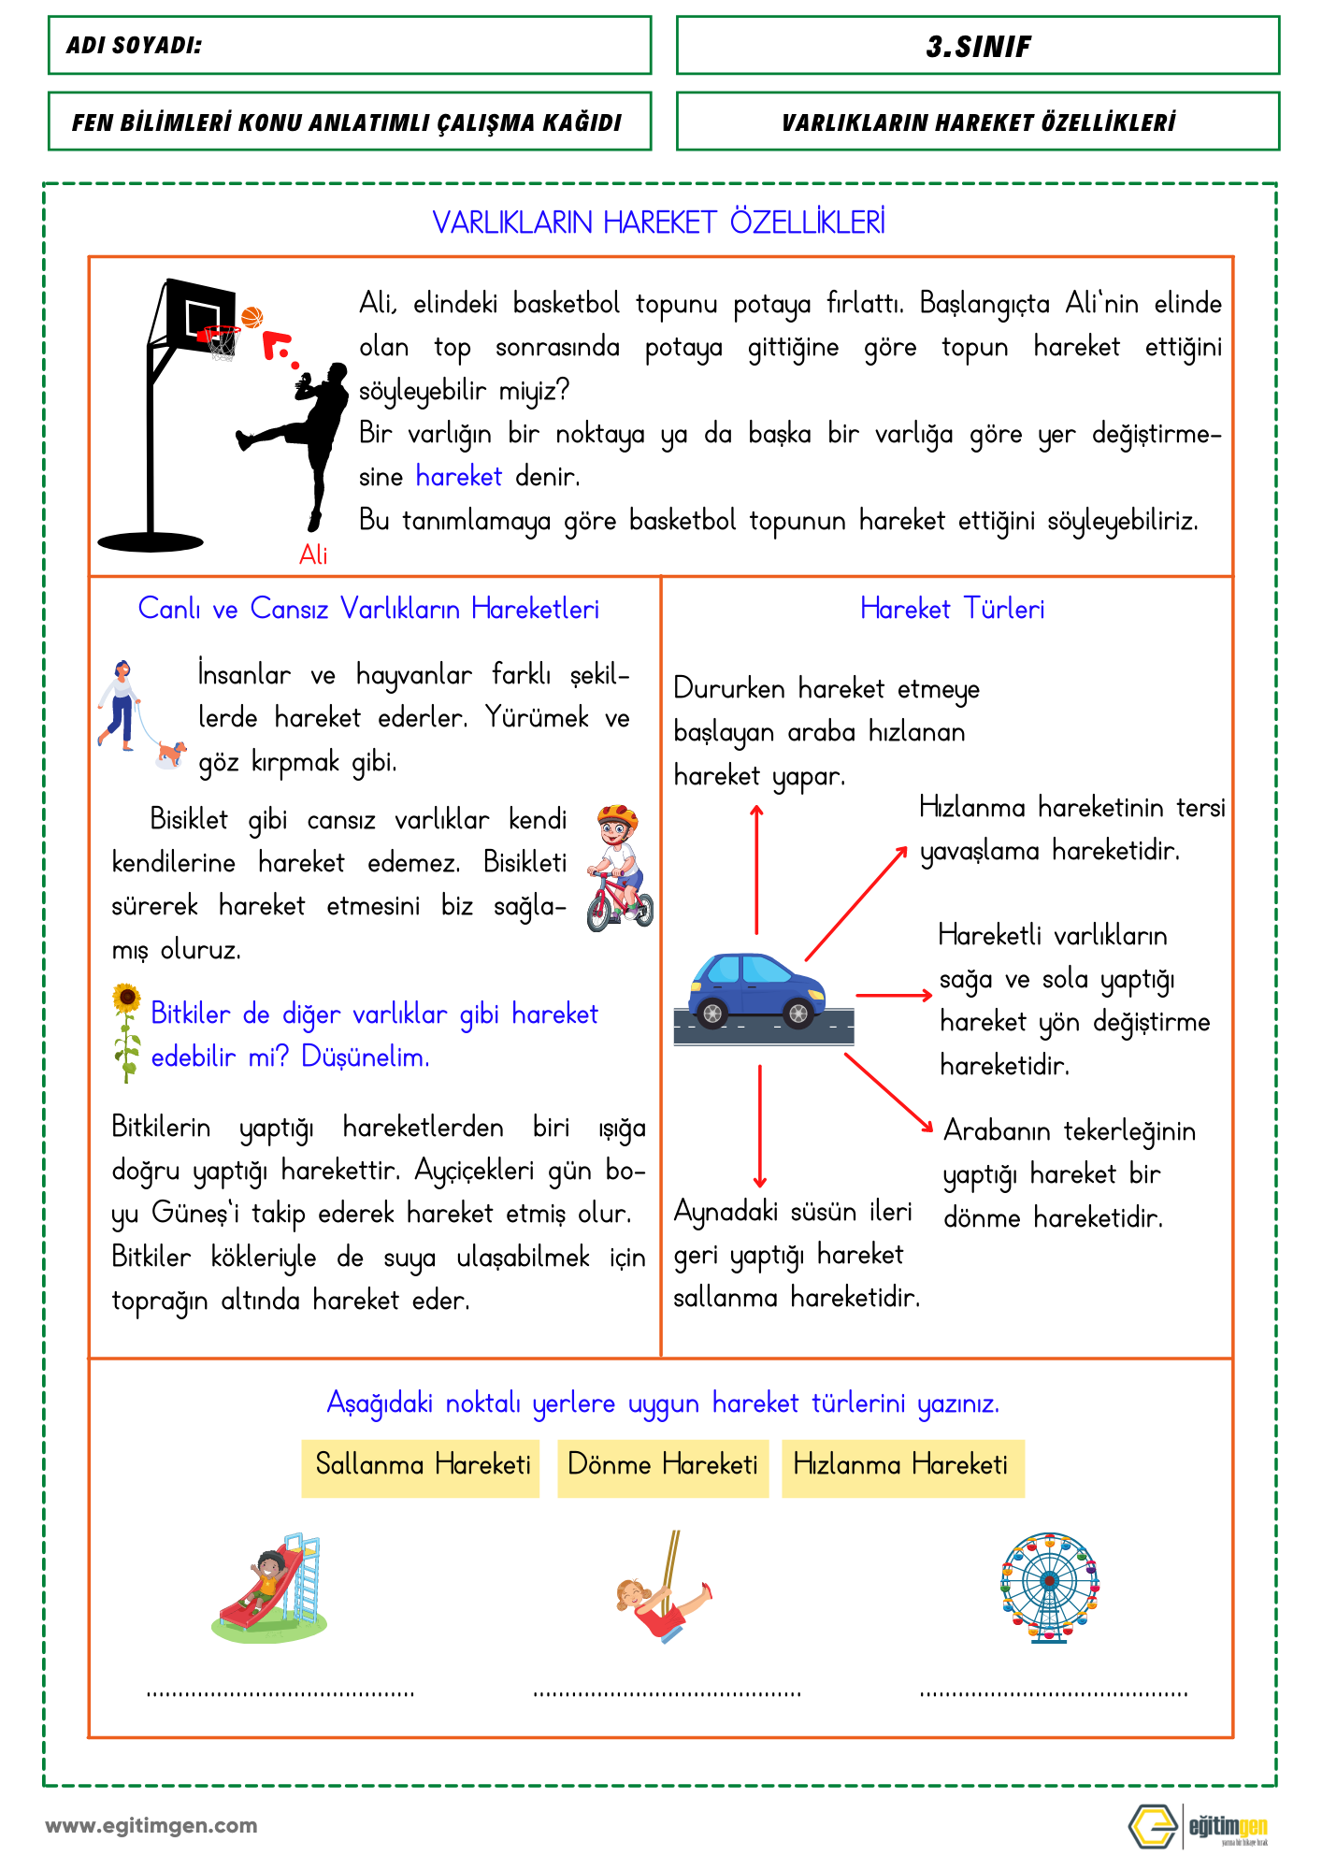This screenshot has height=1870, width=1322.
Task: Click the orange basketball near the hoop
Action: point(251,318)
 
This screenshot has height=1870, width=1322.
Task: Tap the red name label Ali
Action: point(313,555)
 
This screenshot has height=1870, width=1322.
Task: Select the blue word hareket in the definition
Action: point(459,477)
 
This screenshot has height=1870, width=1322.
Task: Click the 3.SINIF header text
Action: point(978,47)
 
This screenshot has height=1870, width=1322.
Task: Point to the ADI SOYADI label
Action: point(135,46)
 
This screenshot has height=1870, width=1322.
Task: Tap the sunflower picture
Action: point(126,1030)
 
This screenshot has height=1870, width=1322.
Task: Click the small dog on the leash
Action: point(170,753)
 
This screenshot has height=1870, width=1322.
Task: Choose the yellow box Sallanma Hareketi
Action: point(422,1465)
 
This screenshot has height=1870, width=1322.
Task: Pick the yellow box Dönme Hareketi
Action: point(663,1465)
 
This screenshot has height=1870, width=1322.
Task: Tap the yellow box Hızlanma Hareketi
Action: point(901,1465)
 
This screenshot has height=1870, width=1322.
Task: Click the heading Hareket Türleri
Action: point(952,610)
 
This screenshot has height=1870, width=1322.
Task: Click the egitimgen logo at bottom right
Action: point(1198,1826)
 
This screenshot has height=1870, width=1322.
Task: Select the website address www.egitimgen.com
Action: point(151,1826)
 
